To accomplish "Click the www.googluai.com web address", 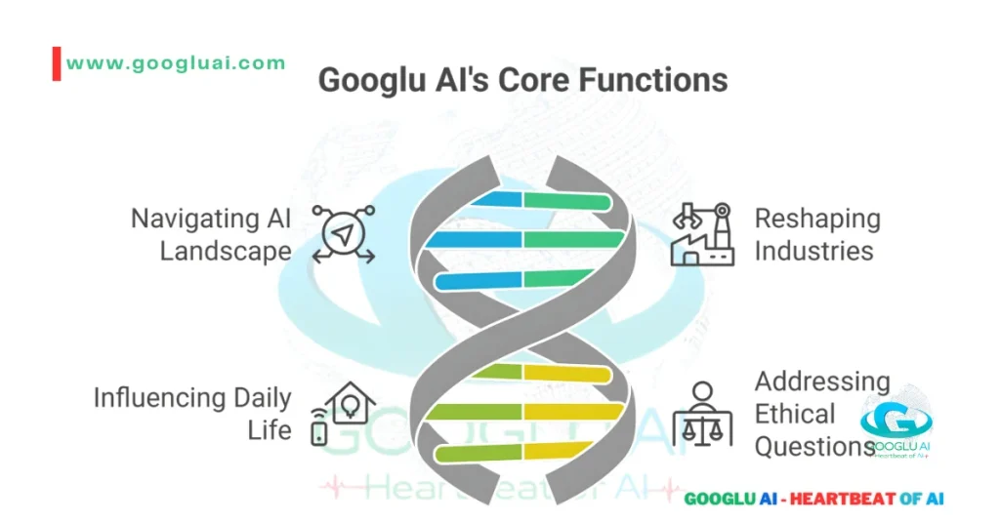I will pos(176,63).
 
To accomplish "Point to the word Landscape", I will pos(226,251).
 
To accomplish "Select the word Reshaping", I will pos(817,219).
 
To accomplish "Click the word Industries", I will pos(813,251).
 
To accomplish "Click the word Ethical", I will pos(795,414).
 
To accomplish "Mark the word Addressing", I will pos(822,382).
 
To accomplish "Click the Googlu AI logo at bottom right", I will pos(896,425).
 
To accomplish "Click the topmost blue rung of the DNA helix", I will pos(492,201).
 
